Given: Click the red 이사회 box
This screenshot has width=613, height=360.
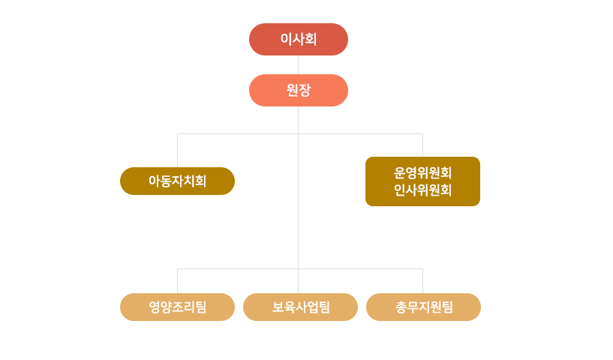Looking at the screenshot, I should pos(298,39).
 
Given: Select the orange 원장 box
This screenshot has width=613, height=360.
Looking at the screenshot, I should pos(298,90).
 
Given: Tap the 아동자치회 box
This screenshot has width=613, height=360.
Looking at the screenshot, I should pos(177,181).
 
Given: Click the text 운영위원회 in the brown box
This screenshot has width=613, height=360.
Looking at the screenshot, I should pos(422,172).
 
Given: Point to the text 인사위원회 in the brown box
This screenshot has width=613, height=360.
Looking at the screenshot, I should pos(422,190).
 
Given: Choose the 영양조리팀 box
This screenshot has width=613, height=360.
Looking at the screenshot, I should pos(177,307).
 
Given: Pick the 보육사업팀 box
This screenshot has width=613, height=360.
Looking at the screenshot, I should pos(300,307).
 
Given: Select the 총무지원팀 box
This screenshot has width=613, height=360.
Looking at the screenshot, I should pos(423,307).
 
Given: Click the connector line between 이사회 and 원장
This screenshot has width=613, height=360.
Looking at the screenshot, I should pos(298,64).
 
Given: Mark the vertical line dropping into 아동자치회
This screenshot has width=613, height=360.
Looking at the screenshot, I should pos(177,150).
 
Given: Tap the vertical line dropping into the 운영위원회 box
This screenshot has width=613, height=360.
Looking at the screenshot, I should pos(422,145).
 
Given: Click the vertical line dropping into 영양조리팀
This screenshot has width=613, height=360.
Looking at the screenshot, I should pos(177,280).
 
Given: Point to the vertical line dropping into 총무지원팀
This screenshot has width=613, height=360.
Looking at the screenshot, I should pos(422,280).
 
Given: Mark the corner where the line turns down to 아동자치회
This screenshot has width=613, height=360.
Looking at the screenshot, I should pos(177,133).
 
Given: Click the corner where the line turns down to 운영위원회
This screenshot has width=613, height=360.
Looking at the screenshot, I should pos(422,133).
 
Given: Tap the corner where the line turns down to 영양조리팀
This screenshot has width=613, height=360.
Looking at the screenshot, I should pos(177,268).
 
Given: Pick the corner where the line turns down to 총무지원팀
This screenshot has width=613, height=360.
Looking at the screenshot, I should pos(422,268).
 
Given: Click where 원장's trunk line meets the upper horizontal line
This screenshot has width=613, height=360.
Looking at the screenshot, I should pos(298,133).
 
